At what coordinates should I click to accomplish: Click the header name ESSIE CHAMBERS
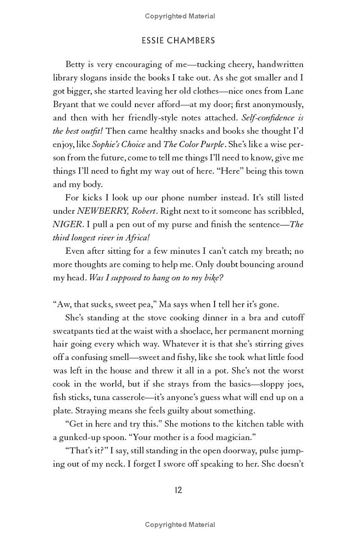(178, 40)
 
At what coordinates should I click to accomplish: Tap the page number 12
(178, 490)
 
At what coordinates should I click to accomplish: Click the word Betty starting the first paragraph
(76, 64)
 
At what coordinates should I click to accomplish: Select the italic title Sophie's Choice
(119, 144)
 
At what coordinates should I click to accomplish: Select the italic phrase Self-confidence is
(274, 118)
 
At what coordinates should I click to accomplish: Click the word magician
(229, 437)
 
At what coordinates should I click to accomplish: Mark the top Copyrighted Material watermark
(180, 16)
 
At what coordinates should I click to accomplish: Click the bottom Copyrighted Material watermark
(180, 525)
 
